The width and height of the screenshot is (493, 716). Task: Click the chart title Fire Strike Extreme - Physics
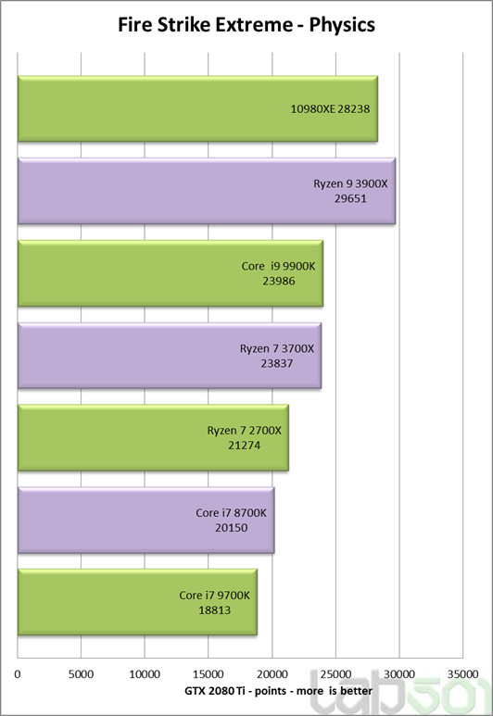click(246, 25)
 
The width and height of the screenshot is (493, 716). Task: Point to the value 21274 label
click(245, 445)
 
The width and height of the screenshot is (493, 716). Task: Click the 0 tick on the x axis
click(19, 674)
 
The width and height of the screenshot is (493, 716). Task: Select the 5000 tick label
click(82, 674)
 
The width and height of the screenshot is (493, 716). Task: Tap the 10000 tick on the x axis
click(145, 674)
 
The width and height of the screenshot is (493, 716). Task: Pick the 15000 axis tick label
click(209, 674)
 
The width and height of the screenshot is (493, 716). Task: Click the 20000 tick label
click(272, 674)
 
